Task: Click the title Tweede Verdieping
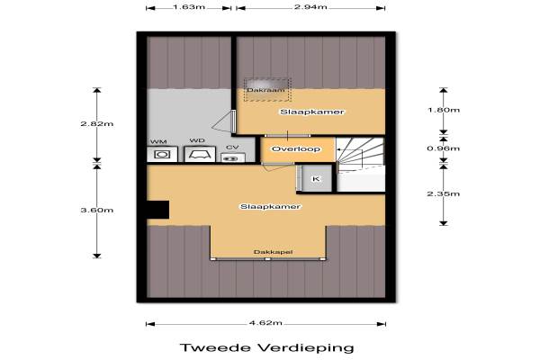pyautogui.click(x=267, y=347)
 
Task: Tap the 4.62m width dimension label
pyautogui.click(x=265, y=323)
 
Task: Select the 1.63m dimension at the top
pyautogui.click(x=189, y=7)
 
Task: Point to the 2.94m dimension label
pyautogui.click(x=310, y=7)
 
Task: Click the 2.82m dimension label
pyautogui.click(x=97, y=123)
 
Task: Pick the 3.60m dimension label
pyautogui.click(x=97, y=210)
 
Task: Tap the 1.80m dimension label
pyautogui.click(x=443, y=110)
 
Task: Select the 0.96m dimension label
pyautogui.click(x=443, y=148)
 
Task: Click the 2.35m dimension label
pyautogui.click(x=443, y=194)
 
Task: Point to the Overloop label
pyautogui.click(x=296, y=149)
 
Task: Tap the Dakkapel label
pyautogui.click(x=273, y=252)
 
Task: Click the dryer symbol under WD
pyautogui.click(x=200, y=154)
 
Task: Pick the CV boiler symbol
pyautogui.click(x=233, y=157)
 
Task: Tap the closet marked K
pyautogui.click(x=316, y=178)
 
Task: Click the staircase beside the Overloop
pyautogui.click(x=360, y=165)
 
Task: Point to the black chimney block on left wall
pyautogui.click(x=158, y=210)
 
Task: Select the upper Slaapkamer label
pyautogui.click(x=312, y=112)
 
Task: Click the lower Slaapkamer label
pyautogui.click(x=270, y=207)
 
